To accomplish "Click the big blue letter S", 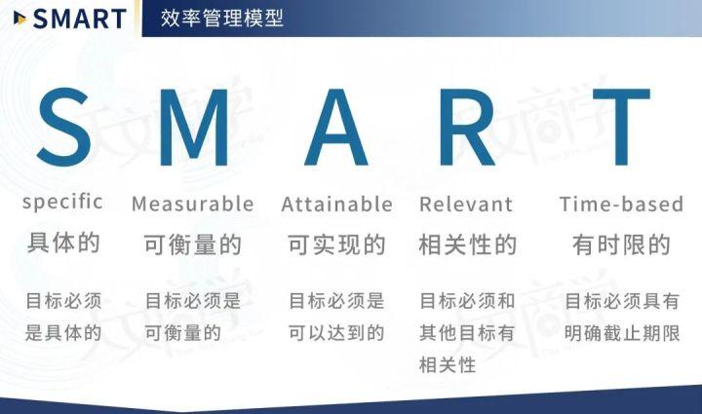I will (64, 127).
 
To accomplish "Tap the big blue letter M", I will (193, 127).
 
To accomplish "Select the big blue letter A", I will (336, 127).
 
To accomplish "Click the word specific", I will (62, 203).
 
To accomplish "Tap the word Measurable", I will (192, 205).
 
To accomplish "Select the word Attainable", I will (336, 205).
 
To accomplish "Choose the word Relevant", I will (465, 205).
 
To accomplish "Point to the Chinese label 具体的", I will (64, 244).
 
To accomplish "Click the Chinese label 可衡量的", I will (192, 245).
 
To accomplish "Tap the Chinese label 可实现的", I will (336, 245).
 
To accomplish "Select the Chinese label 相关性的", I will (467, 245).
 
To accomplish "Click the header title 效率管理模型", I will (221, 18).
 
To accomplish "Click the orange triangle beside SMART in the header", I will (19, 18).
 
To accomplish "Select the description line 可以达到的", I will (336, 333).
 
